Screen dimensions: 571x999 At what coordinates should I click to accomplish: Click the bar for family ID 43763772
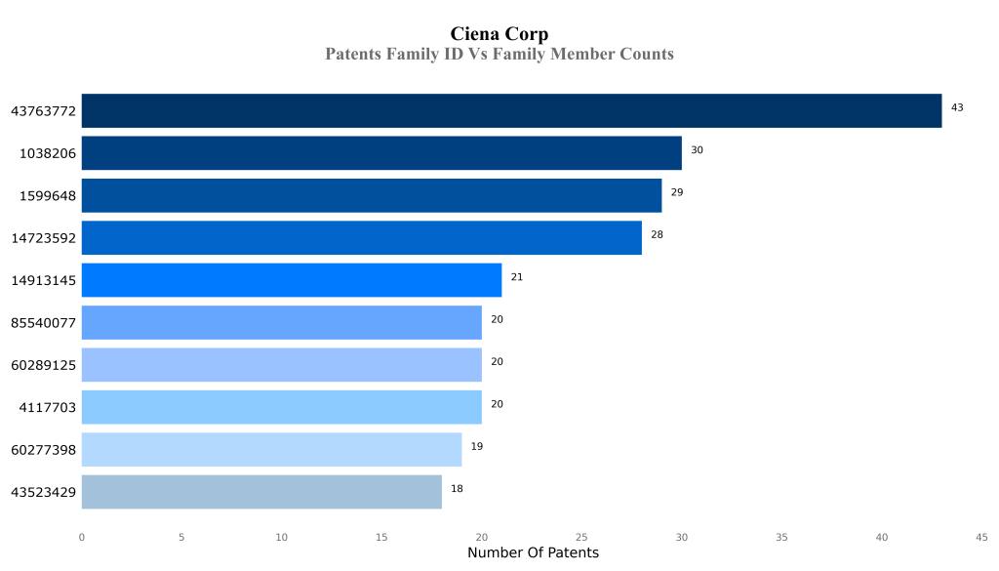[x=511, y=110]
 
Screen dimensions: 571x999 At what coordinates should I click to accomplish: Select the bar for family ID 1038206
[x=381, y=153]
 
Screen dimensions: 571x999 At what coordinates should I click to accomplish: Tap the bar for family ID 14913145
[x=291, y=280]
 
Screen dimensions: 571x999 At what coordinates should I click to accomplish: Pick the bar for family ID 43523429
[x=261, y=492]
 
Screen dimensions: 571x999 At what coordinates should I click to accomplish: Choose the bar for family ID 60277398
[x=271, y=450]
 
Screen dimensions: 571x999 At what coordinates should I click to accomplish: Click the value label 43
[x=957, y=107]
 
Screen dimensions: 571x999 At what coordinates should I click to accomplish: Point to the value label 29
[x=677, y=192]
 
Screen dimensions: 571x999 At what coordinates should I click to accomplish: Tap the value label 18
[x=457, y=488]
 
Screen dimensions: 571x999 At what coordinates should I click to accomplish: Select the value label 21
[x=517, y=277]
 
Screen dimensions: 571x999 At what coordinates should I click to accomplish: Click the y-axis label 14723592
[x=43, y=238]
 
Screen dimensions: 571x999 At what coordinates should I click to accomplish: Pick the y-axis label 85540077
[x=43, y=323]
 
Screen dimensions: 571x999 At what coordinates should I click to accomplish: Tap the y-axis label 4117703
[x=48, y=408]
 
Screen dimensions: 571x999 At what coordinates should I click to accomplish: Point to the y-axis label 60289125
[x=43, y=365]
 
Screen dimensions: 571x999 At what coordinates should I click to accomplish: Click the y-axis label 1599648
[x=48, y=196]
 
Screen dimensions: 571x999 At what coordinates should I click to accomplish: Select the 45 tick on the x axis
[x=981, y=537]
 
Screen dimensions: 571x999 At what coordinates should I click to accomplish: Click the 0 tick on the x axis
[x=82, y=537]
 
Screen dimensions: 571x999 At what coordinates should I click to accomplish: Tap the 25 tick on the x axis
[x=581, y=537]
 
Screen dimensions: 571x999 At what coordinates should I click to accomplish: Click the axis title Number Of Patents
[x=533, y=553]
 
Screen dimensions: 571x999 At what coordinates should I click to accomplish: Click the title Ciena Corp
[x=499, y=35]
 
